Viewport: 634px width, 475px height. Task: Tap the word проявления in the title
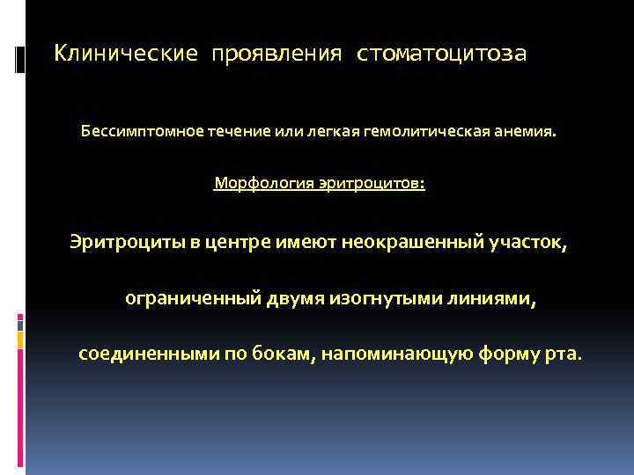[276, 55]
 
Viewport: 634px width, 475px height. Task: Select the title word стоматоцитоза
[441, 55]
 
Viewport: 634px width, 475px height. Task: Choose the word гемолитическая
[428, 132]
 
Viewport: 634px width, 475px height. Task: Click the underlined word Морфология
[259, 184]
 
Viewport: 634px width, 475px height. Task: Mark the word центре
[235, 242]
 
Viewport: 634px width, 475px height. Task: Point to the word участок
[527, 242]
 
